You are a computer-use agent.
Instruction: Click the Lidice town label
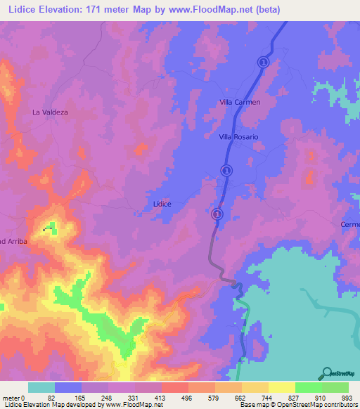(162, 204)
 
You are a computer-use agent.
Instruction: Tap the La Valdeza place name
(50, 112)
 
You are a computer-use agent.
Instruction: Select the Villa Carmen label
(239, 102)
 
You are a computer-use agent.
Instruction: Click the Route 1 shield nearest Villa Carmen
(263, 62)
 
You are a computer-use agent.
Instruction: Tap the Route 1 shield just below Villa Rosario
(226, 170)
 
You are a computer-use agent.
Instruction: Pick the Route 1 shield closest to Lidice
(217, 214)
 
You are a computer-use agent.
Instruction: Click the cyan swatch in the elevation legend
(41, 387)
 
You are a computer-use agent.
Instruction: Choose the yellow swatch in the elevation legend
(281, 387)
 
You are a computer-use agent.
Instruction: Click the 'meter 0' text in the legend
(13, 397)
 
